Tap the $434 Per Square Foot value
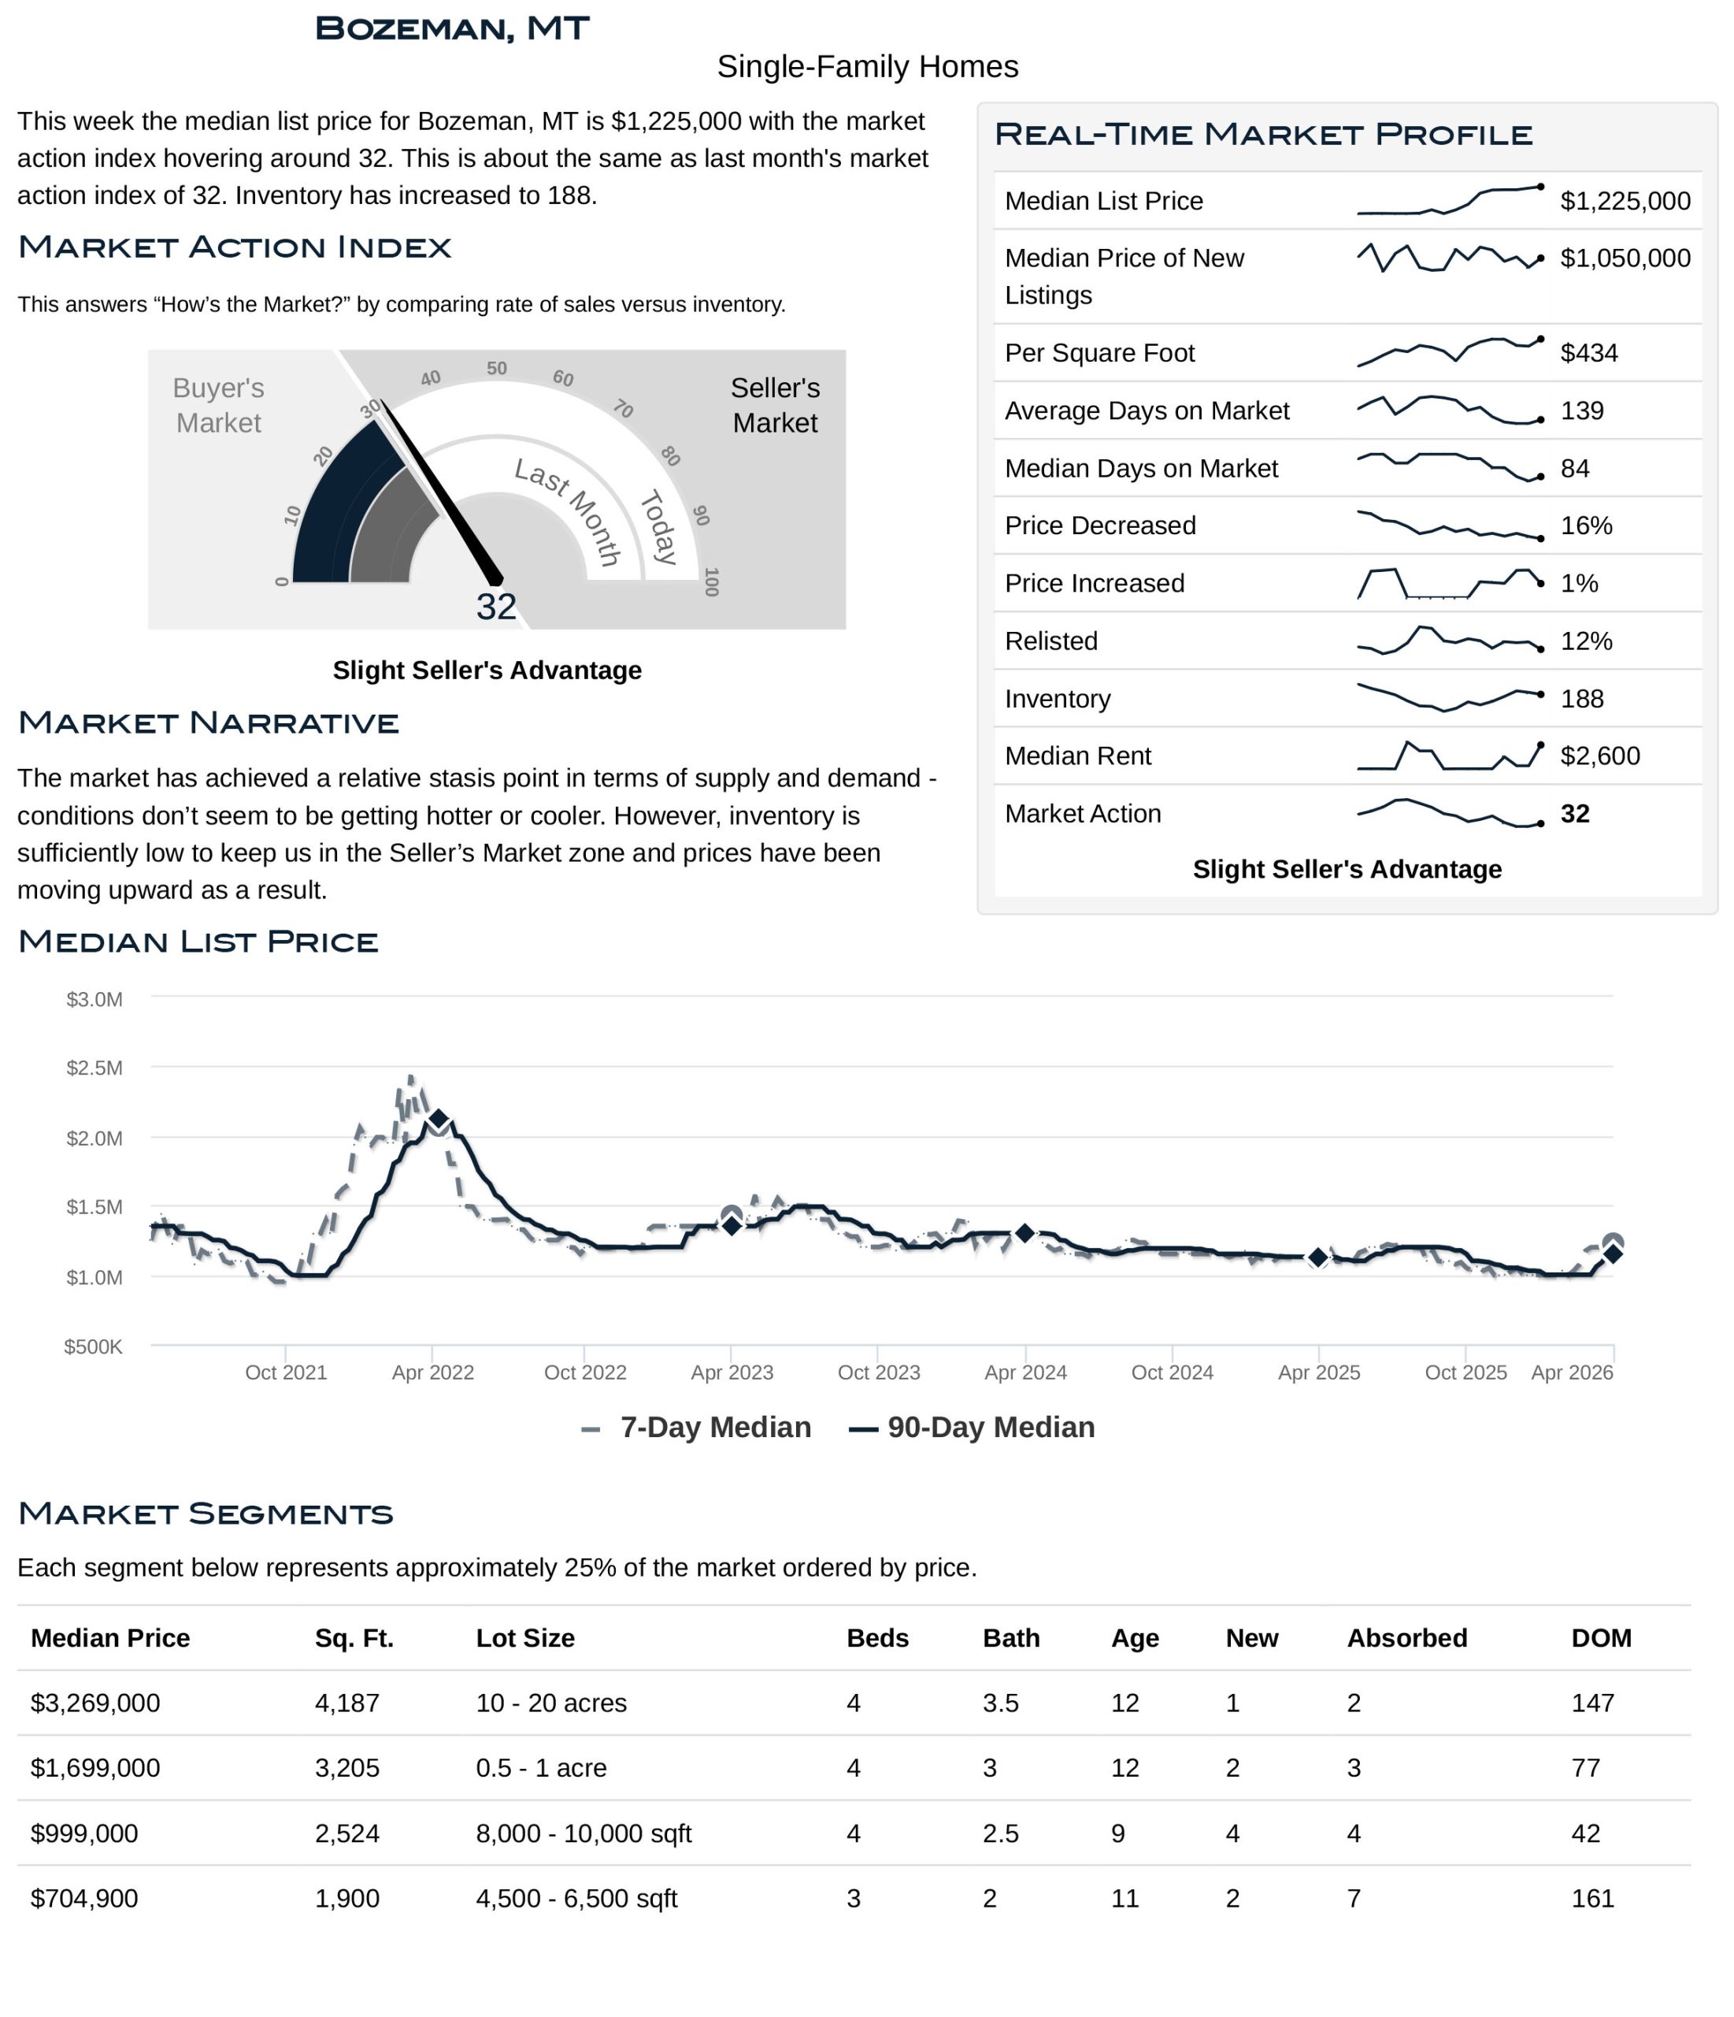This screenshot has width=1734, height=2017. pos(1588,352)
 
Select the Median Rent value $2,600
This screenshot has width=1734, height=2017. pos(1599,756)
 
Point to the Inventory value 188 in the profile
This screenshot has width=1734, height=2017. pos(1581,698)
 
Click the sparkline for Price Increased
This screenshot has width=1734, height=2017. pos(1449,583)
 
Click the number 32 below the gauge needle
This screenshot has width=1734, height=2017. pos(495,607)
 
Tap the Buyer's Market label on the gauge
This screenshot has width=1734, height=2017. pos(218,405)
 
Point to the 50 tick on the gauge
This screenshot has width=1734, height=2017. pos(496,368)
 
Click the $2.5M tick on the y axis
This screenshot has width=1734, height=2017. pos(94,1068)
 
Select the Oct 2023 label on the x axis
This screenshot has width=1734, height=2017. pos(878,1373)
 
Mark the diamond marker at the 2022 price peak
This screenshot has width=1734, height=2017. pos(438,1120)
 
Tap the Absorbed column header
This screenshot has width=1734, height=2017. pos(1406,1637)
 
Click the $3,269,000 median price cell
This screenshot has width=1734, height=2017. pos(95,1703)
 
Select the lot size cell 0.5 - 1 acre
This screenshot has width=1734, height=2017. pos(541,1768)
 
